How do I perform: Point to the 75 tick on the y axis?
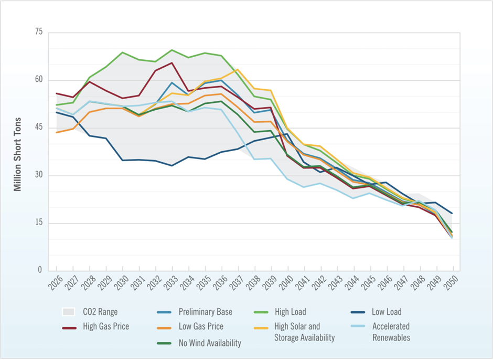(x=38, y=33)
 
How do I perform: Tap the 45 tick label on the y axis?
(x=38, y=128)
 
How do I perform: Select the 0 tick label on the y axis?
(x=40, y=271)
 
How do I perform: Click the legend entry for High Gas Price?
(x=105, y=326)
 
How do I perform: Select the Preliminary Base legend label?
(x=205, y=312)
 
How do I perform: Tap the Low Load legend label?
(x=387, y=312)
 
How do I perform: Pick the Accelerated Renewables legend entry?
(x=391, y=332)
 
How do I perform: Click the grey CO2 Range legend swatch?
(x=69, y=312)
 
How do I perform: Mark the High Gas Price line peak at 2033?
(x=172, y=63)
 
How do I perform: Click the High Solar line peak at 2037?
(x=238, y=69)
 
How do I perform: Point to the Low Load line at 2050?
(x=452, y=214)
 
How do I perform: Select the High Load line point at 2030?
(x=122, y=52)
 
